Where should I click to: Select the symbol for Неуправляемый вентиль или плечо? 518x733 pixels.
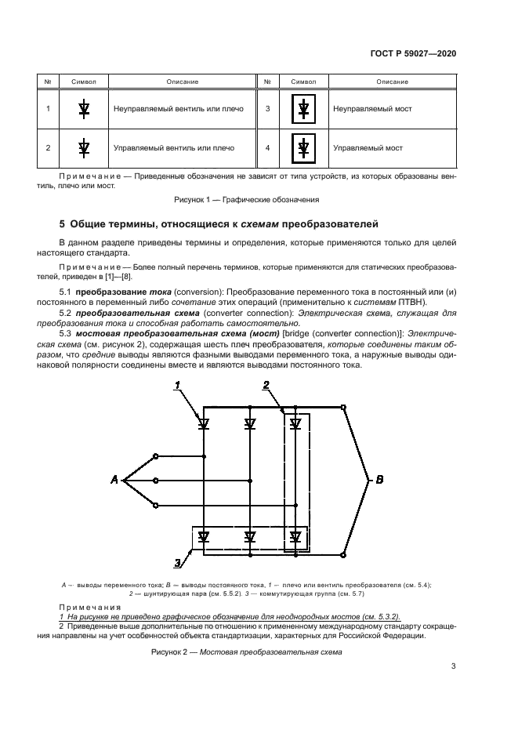tap(84, 109)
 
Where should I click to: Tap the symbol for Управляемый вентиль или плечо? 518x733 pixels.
tap(84, 147)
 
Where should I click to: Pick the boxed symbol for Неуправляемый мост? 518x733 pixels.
tap(303, 109)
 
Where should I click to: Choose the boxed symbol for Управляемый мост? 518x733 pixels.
tap(303, 147)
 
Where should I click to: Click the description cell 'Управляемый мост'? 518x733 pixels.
tap(368, 147)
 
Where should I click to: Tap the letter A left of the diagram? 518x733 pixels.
tap(114, 480)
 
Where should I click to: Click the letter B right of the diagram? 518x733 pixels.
tap(380, 480)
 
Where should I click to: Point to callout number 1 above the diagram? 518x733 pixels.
tap(178, 385)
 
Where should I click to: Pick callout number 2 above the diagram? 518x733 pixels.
tap(266, 385)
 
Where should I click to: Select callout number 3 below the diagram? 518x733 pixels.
tap(178, 561)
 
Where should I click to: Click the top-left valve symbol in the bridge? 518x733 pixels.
tap(204, 423)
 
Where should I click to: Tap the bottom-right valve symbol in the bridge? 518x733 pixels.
tap(295, 537)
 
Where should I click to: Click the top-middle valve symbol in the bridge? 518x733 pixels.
tap(250, 423)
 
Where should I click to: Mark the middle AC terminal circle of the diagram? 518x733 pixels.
tap(156, 480)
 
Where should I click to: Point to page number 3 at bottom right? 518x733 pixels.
tap(453, 666)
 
